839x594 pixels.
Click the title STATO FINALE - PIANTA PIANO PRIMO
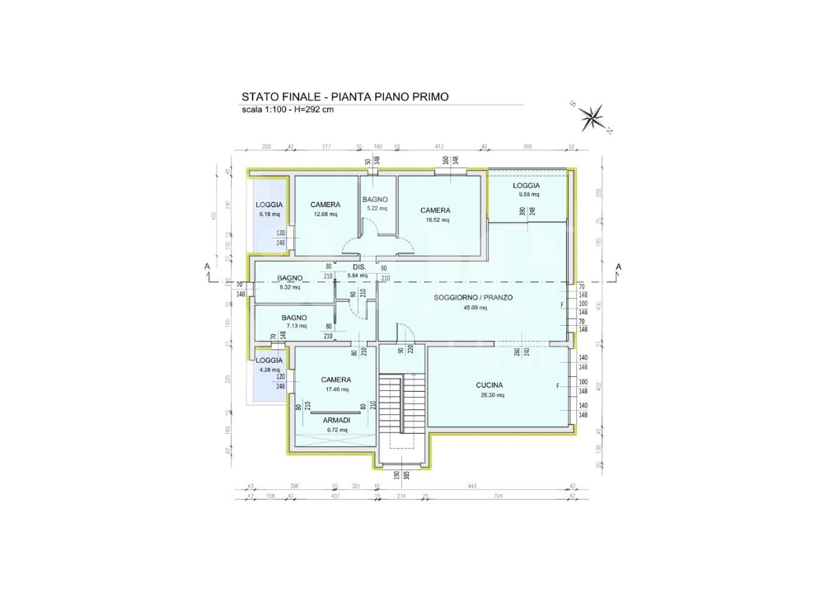(345, 97)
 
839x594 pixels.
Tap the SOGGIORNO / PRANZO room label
(473, 297)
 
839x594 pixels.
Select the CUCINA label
(489, 385)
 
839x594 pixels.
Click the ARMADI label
(335, 420)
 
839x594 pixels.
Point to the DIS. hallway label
(359, 266)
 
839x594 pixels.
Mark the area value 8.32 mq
(289, 287)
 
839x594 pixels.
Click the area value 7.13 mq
(294, 327)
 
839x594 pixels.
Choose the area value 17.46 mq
(335, 389)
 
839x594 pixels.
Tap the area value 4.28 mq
(269, 370)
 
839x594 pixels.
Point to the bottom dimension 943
(472, 486)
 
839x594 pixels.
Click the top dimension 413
(439, 146)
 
